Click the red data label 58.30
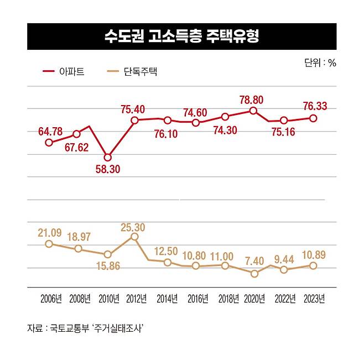(108, 169)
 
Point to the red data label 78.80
(251, 100)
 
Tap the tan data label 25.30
(133, 227)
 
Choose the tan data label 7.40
(254, 260)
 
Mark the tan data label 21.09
(49, 233)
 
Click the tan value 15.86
(107, 266)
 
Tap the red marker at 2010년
(108, 158)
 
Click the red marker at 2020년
(253, 111)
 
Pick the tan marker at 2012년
(134, 237)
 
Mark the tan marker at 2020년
(254, 273)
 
